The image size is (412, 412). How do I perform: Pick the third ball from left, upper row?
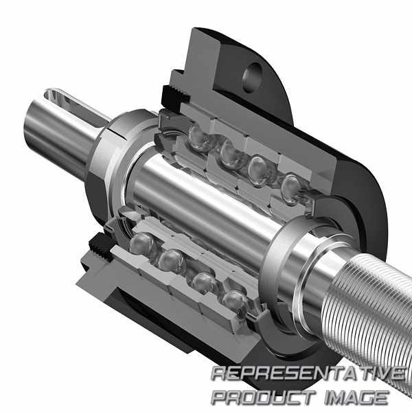(x=259, y=171)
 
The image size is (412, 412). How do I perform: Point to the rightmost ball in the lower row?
(x=234, y=302)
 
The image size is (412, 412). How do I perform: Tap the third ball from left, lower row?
(x=205, y=283)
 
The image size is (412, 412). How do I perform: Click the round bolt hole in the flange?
(x=252, y=77)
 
